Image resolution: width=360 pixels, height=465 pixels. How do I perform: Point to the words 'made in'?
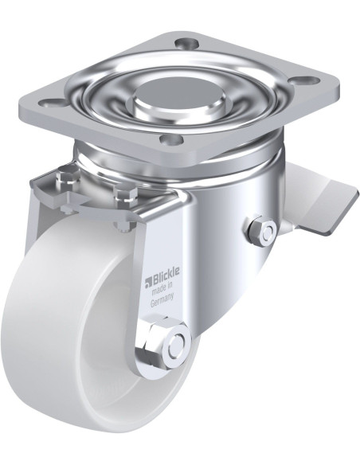[162, 288]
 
